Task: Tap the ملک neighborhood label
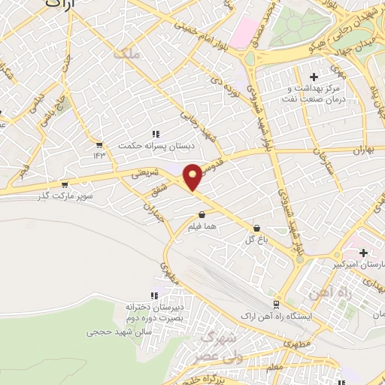click(123, 54)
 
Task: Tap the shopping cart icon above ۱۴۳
click(99, 144)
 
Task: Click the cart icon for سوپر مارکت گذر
click(65, 183)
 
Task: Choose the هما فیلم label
click(203, 227)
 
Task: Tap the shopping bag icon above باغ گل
click(257, 226)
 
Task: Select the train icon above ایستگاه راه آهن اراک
click(277, 303)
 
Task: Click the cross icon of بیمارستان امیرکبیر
click(364, 253)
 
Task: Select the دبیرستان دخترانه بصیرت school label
click(153, 314)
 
